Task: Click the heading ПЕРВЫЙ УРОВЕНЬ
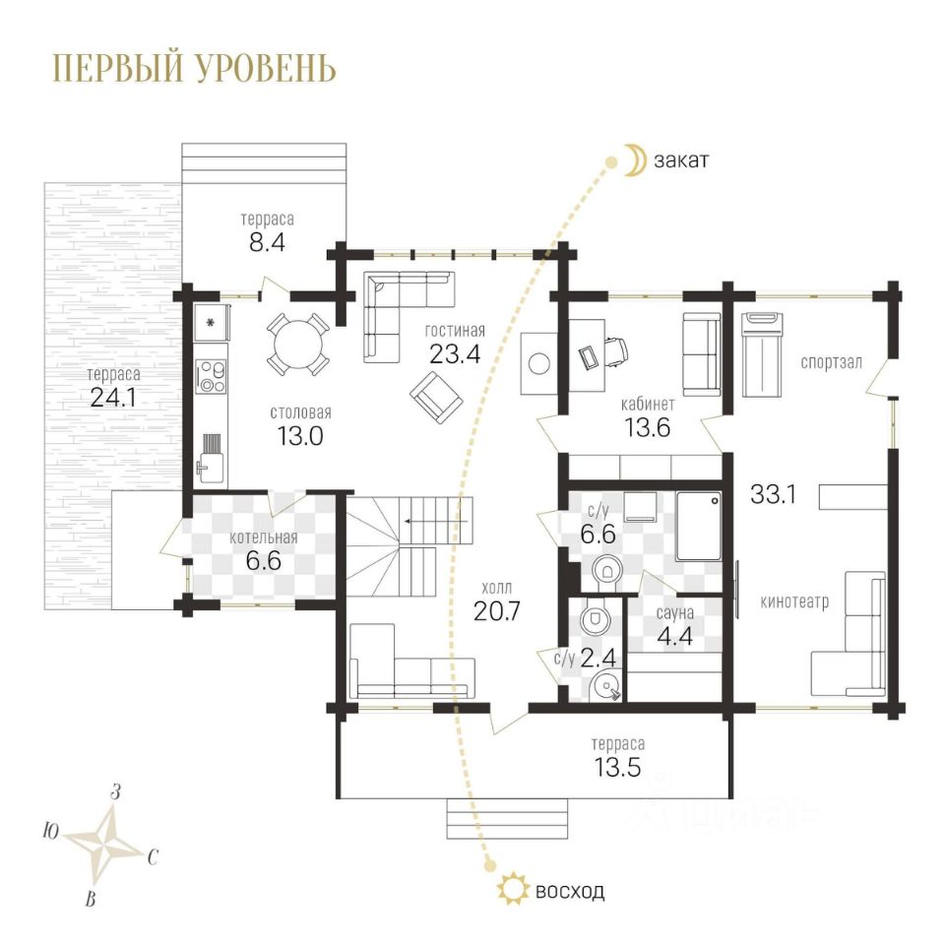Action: tap(194, 68)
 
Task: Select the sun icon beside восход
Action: tap(512, 888)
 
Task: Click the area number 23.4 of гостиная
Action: tap(455, 354)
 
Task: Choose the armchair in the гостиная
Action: tap(436, 398)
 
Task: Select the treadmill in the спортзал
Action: tap(762, 354)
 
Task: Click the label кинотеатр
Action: tap(794, 601)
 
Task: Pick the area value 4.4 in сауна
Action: tap(675, 637)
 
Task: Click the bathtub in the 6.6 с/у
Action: tap(699, 526)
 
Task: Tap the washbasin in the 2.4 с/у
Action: tap(604, 686)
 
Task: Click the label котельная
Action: tap(264, 537)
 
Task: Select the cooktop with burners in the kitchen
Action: tap(212, 376)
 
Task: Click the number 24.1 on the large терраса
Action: tap(112, 397)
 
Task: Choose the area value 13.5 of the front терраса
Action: tap(618, 767)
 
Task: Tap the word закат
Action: tap(681, 160)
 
